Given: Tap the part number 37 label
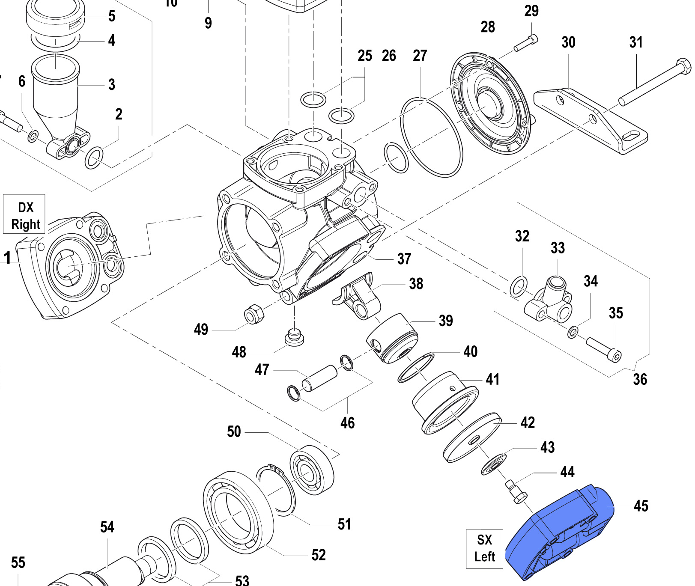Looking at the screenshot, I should pyautogui.click(x=404, y=259).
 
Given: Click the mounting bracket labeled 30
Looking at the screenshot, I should pyautogui.click(x=591, y=120).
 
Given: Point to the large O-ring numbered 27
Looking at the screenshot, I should pyautogui.click(x=431, y=137).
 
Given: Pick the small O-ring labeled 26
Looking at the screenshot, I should pyautogui.click(x=397, y=158).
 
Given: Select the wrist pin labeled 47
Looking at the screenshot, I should pyautogui.click(x=319, y=378).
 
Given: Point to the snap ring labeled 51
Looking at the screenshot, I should pyautogui.click(x=276, y=488).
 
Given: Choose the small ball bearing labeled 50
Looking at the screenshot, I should pyautogui.click(x=312, y=470).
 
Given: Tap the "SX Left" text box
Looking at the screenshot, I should pyautogui.click(x=484, y=548).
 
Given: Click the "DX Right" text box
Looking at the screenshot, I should pyautogui.click(x=24, y=215).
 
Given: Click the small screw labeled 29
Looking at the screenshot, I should pyautogui.click(x=525, y=44).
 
